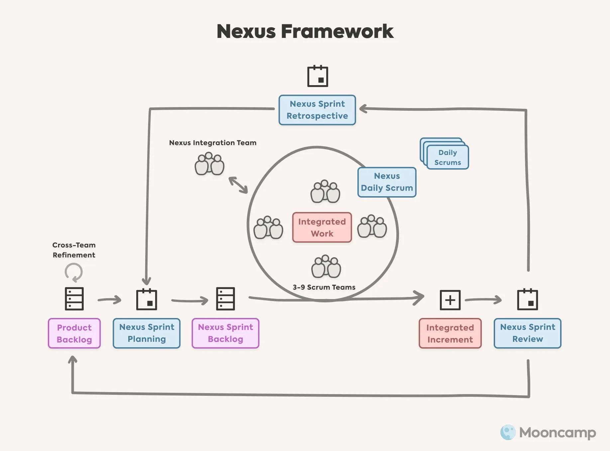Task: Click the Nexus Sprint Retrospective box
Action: point(317,110)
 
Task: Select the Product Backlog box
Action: point(74,333)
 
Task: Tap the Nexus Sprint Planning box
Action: point(147,333)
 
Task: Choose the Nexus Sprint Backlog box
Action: point(225,333)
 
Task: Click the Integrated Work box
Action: point(322,227)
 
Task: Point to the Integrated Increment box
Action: point(450,333)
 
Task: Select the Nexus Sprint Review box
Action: point(527,333)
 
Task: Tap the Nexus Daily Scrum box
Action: point(387,182)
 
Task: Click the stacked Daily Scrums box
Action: point(447,157)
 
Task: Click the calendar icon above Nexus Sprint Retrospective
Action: point(317,76)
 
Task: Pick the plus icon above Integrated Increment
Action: point(450,300)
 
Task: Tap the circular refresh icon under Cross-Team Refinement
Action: point(73,272)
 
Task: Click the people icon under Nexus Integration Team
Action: point(209,164)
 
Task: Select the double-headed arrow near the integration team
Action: point(238,185)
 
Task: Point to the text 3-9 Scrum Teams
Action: point(324,287)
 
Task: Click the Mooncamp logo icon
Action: point(508,432)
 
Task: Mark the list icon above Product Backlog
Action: point(74,299)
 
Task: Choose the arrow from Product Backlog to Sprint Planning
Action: point(110,300)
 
